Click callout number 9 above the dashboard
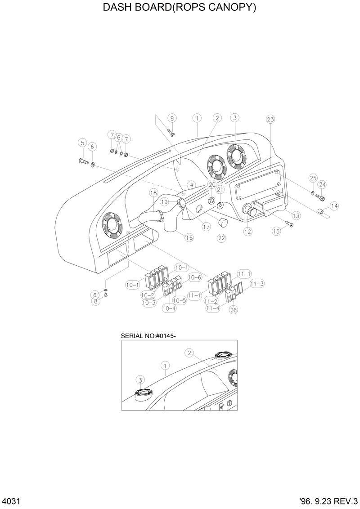coord(171,118)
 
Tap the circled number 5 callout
coord(82,143)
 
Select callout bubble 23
coord(270,119)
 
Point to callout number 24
coord(322,184)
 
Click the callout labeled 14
coord(334,206)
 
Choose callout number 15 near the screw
coord(276,231)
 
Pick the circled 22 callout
coord(221,238)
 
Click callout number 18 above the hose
coord(153,193)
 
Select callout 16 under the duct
coord(189,237)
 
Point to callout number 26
coord(234,309)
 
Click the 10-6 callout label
coord(194,277)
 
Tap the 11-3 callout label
coord(257,283)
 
